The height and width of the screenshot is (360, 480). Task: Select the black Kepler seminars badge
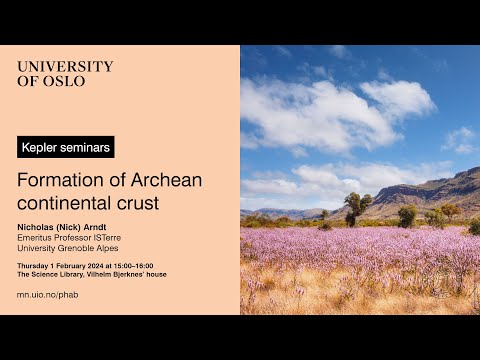click(66, 147)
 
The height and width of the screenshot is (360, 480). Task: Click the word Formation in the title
click(58, 180)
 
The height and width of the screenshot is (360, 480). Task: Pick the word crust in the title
click(139, 203)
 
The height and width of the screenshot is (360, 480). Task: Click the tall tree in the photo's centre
click(358, 205)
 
